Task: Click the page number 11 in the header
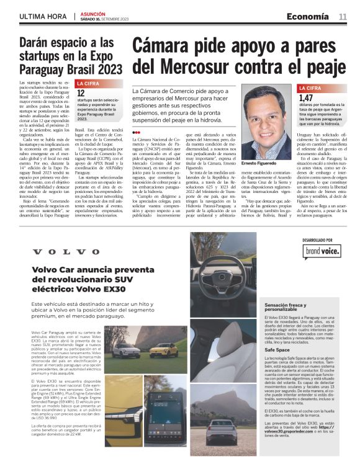click(x=343, y=17)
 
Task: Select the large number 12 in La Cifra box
click(x=81, y=92)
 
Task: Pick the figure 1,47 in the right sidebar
click(x=305, y=97)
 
